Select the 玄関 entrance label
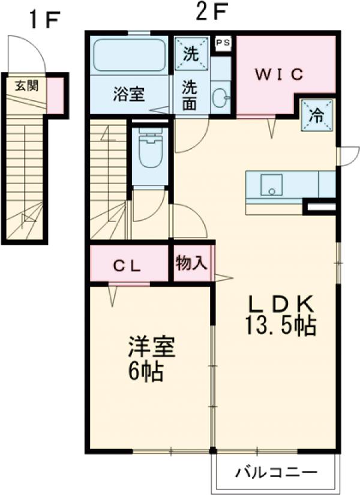click(26, 85)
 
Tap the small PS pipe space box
click(223, 43)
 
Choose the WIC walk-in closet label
click(281, 75)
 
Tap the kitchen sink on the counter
click(272, 185)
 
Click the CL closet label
click(128, 266)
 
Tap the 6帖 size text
click(146, 373)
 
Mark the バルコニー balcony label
click(275, 472)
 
